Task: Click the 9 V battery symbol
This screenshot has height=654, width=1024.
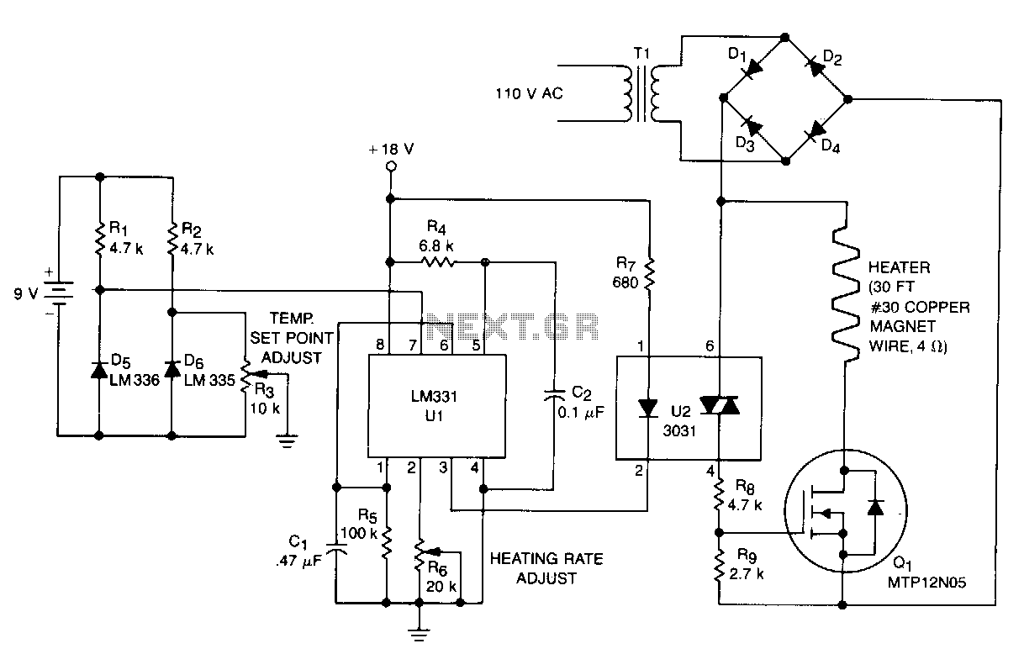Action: tap(59, 293)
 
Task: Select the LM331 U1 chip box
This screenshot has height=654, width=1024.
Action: tap(437, 406)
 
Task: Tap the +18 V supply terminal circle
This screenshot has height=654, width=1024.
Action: tap(391, 166)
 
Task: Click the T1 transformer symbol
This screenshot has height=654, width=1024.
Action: tap(641, 93)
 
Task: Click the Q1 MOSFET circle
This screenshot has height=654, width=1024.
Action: tap(846, 510)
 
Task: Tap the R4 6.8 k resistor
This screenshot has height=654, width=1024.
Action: tap(438, 262)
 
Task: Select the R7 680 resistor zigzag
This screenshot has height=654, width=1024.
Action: tap(649, 274)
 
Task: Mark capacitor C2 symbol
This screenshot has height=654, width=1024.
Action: tap(555, 395)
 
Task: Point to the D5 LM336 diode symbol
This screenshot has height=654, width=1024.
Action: tap(99, 370)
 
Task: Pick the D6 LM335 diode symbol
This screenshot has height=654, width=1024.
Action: tap(172, 369)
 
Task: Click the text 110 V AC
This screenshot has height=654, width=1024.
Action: tap(529, 93)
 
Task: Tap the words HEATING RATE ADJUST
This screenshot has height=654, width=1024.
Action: tap(546, 568)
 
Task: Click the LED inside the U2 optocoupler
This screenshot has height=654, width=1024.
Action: tap(647, 409)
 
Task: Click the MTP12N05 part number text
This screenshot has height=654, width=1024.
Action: tap(926, 583)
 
